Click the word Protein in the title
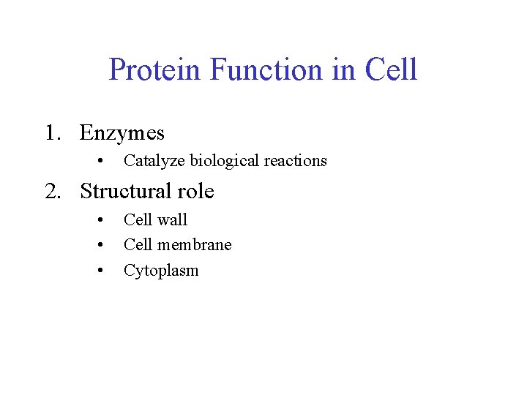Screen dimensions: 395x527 (x=155, y=70)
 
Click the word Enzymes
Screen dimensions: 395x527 (x=122, y=133)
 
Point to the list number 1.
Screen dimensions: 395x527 (x=51, y=133)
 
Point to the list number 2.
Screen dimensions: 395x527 (x=51, y=192)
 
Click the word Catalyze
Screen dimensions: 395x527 (x=154, y=161)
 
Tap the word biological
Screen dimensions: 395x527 (x=225, y=161)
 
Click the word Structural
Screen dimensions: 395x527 (x=125, y=192)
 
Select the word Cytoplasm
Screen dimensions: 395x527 (x=161, y=271)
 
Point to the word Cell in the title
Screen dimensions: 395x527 (x=391, y=70)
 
